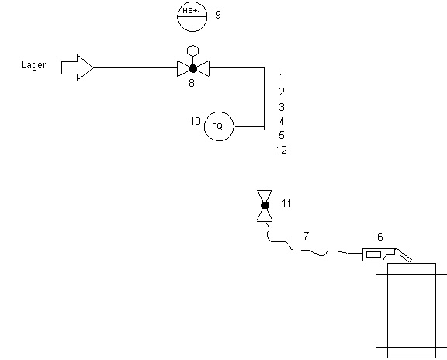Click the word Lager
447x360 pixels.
point(33,65)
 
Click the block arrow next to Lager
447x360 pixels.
point(78,67)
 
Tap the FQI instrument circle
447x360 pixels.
point(219,126)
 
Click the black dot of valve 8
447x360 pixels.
point(193,69)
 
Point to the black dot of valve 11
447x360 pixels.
point(265,206)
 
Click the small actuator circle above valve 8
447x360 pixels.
point(192,50)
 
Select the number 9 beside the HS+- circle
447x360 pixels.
point(218,15)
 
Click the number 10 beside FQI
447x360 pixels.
point(196,121)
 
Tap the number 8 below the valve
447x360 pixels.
point(192,83)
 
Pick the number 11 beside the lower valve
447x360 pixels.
point(286,203)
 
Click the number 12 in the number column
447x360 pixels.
point(282,150)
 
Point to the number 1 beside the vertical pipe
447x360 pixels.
point(282,77)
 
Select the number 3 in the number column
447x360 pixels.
point(282,107)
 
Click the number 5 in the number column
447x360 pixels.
point(282,135)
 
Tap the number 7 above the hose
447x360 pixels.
point(307,236)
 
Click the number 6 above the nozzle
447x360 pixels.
point(380,237)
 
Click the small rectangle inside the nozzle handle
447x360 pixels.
point(373,254)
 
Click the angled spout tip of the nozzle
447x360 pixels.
point(411,260)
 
